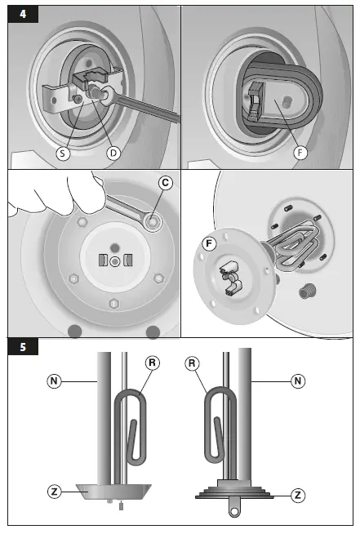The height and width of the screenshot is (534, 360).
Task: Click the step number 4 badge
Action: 23,14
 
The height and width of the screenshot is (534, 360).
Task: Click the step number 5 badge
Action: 23,347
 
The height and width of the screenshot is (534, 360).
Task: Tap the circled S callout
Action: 63,154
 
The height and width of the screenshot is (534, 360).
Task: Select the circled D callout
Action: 113,154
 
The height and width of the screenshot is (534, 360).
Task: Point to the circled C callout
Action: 165,183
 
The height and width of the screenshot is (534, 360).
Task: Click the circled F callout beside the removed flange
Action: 209,244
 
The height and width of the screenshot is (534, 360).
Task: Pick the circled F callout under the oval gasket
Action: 300,153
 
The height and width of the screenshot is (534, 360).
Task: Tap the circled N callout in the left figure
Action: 54,380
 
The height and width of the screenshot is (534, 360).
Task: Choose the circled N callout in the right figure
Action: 298,380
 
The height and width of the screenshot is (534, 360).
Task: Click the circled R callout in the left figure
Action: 152,363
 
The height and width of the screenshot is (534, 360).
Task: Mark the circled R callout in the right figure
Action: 192,363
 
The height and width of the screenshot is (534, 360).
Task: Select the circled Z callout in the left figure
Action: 54,492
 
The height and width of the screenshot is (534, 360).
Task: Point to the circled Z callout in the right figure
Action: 298,495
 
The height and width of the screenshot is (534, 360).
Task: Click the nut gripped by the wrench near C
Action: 152,222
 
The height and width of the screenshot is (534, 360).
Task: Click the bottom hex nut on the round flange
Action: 113,304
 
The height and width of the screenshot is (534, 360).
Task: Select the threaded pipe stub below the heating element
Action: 308,291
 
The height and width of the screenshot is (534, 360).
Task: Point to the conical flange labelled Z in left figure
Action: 113,492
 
